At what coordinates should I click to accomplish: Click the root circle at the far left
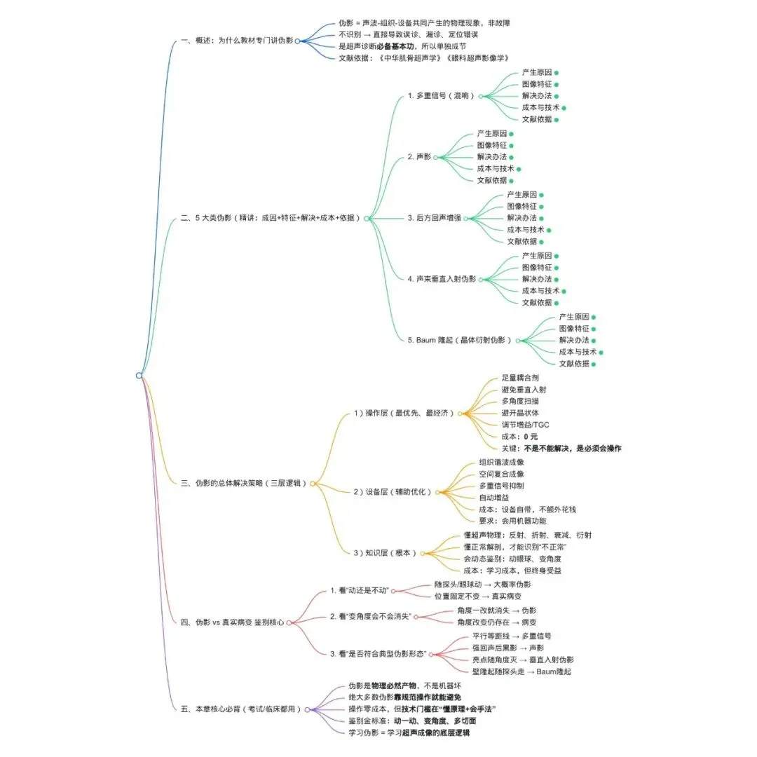point(139,376)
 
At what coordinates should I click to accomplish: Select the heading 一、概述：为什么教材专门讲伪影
point(237,41)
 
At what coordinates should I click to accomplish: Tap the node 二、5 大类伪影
point(270,218)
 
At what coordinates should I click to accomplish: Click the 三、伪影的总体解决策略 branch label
point(244,483)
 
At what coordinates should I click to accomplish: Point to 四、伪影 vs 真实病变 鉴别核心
point(233,622)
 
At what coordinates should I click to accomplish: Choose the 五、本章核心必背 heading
point(241,709)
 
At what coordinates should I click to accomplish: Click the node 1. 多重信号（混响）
point(441,96)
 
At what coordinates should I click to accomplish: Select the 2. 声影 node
point(419,157)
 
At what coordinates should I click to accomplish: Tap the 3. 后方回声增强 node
point(434,218)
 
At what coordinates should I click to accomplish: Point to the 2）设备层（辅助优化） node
point(392,492)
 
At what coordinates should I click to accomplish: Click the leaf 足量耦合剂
point(520,378)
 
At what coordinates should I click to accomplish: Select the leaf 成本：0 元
point(519,437)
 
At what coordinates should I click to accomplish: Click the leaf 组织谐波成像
point(501,463)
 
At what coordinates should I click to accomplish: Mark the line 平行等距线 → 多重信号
point(512,636)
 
